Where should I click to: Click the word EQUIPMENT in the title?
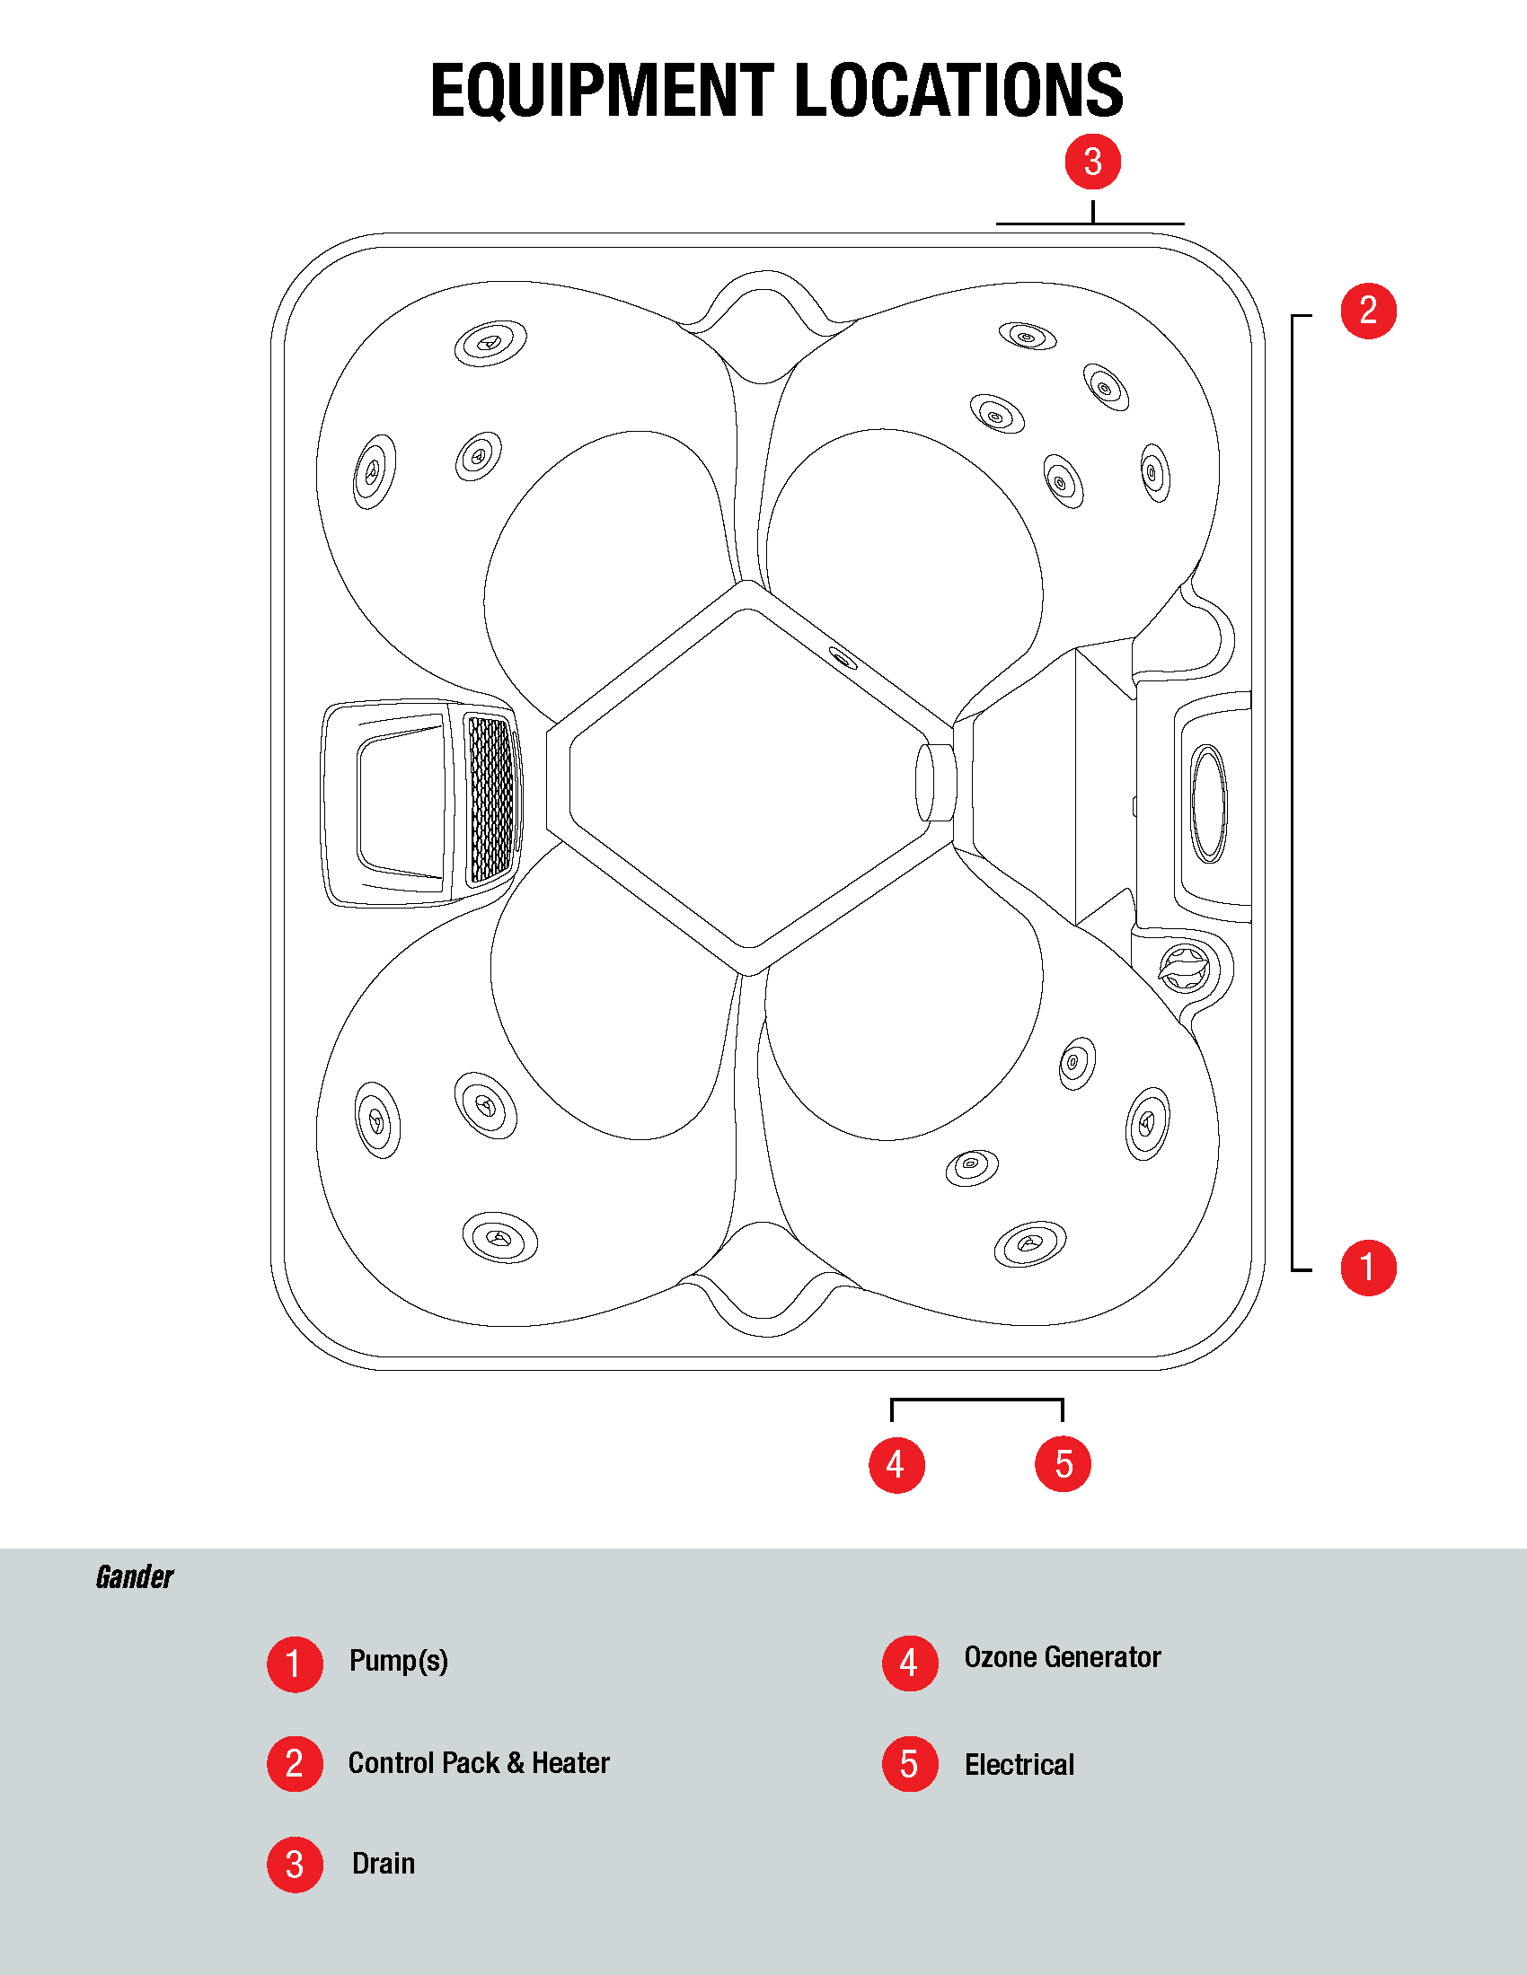(603, 91)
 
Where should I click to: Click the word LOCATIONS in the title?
(959, 91)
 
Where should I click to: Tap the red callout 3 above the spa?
(1093, 162)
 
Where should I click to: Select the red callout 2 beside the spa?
(1369, 311)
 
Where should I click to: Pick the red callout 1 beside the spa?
(1369, 1267)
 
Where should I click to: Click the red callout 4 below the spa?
(896, 1464)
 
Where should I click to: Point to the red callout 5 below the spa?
(1063, 1464)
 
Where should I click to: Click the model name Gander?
(135, 1578)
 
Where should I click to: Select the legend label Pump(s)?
(399, 1661)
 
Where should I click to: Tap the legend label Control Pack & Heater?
(479, 1762)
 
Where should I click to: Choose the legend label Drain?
(384, 1864)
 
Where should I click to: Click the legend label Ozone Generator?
(1062, 1656)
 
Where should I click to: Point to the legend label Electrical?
(1019, 1764)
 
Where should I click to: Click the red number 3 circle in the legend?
(295, 1864)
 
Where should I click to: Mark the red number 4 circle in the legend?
(910, 1663)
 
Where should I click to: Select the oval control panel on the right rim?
(1208, 803)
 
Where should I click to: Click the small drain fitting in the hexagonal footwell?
(843, 658)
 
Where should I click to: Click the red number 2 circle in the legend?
(295, 1763)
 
